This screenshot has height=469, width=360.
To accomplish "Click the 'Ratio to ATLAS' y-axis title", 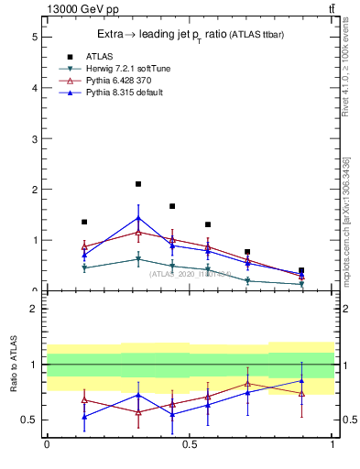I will (13, 364).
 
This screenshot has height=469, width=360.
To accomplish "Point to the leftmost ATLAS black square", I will (84, 222).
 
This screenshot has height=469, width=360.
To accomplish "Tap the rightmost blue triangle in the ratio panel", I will (301, 380).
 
